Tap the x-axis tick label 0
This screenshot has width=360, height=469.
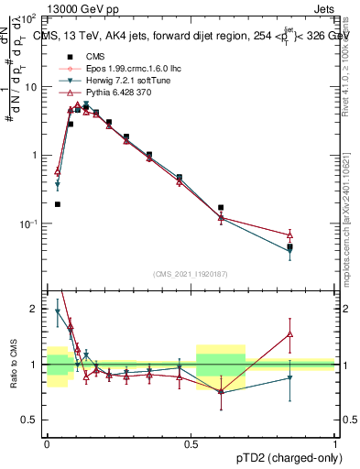click(x=46, y=442)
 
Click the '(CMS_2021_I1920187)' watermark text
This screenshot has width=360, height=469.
click(x=191, y=272)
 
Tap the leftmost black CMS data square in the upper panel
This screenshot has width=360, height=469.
click(x=58, y=204)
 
